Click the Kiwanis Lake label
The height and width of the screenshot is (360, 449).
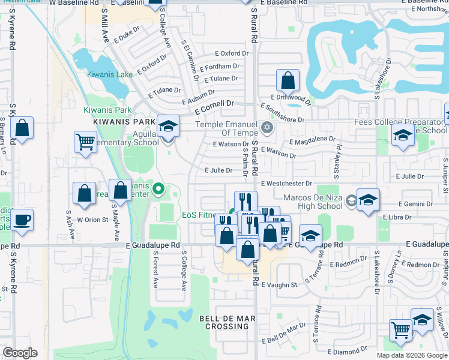point(109,74)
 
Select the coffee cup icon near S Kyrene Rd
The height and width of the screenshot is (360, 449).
point(22,220)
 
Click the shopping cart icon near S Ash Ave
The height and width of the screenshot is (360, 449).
point(85,142)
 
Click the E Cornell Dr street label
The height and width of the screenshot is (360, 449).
point(214,104)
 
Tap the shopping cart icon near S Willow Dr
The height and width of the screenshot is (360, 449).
point(400,329)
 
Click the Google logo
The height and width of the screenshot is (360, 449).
point(20,352)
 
